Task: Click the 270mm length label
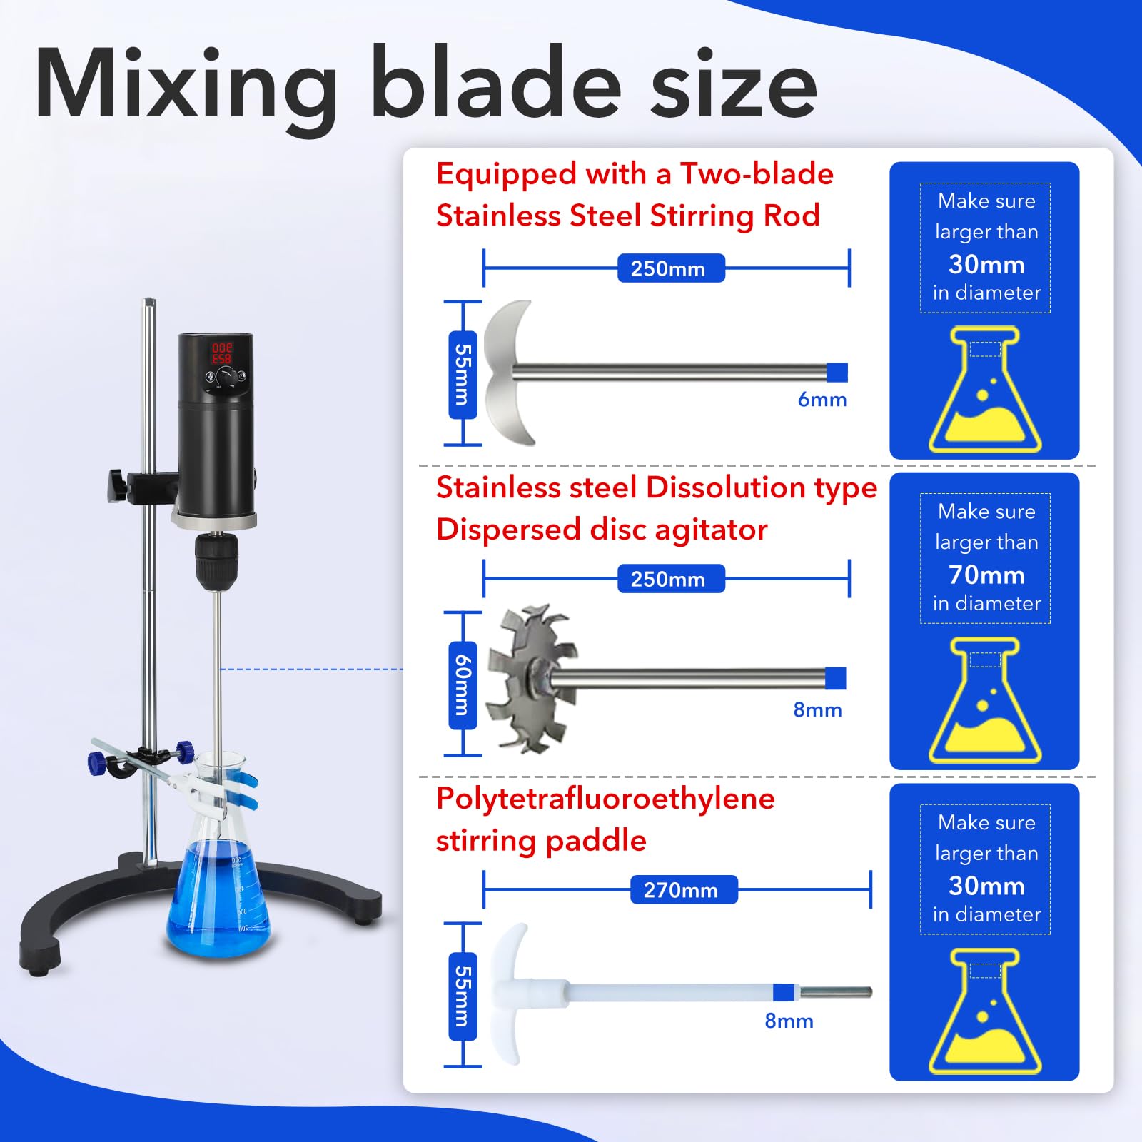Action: [x=680, y=890]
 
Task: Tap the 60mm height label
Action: [x=463, y=684]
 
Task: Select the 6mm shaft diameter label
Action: [x=822, y=400]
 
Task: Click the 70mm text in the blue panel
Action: [x=986, y=575]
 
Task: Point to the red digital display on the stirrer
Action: [x=221, y=353]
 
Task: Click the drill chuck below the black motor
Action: [x=213, y=561]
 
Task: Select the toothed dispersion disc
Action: [x=531, y=678]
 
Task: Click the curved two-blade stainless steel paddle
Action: [x=508, y=373]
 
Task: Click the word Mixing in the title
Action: [x=186, y=84]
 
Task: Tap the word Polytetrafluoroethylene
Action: [x=605, y=799]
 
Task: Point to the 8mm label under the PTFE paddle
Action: [x=789, y=1021]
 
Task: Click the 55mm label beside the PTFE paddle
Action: [x=463, y=995]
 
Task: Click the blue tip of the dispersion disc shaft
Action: [x=835, y=678]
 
